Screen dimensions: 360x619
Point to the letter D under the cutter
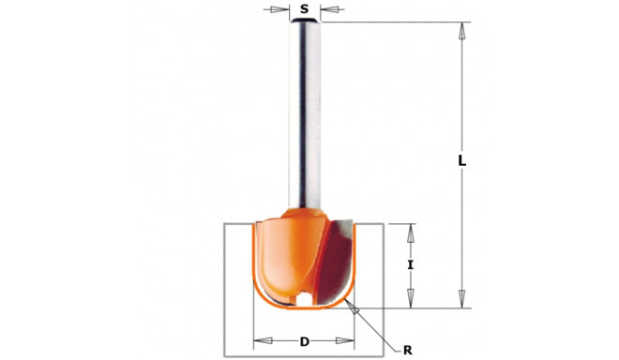click(x=304, y=341)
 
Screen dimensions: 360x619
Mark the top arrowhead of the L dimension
click(x=461, y=29)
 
